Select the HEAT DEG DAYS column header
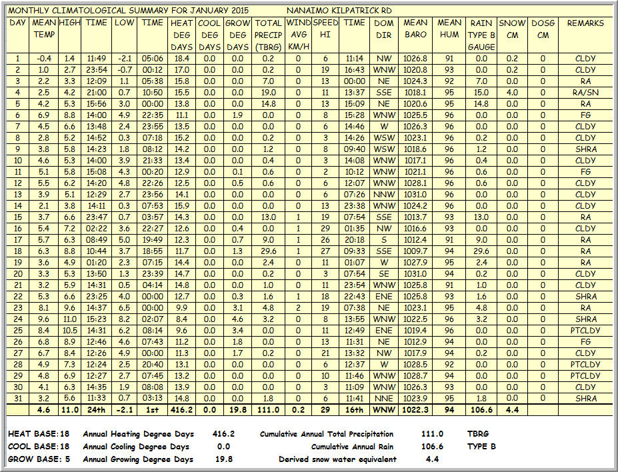point(181,35)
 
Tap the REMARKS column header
point(585,23)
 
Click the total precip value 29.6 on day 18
point(269,251)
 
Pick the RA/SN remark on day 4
point(585,93)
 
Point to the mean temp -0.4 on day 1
point(43,59)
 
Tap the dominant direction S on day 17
point(383,240)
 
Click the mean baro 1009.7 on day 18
point(416,251)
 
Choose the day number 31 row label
point(17,399)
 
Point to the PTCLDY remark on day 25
point(585,331)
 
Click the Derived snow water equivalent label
point(337,459)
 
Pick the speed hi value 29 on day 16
point(325,229)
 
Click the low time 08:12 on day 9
point(153,149)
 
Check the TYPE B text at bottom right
point(482,447)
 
